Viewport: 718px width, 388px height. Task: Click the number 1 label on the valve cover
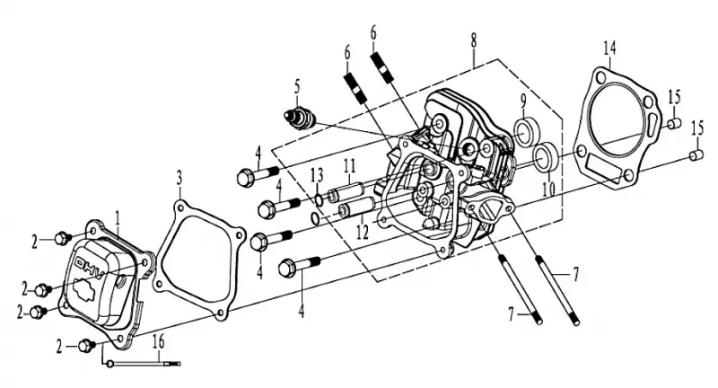point(118,219)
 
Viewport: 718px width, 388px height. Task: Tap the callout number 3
point(179,179)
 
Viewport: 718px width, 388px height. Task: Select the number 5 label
point(297,87)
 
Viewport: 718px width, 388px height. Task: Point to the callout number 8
point(473,40)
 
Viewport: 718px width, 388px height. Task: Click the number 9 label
point(523,103)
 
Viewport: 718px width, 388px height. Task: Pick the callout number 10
point(549,189)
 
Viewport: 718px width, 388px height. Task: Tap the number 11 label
point(350,166)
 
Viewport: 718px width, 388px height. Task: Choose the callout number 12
point(363,233)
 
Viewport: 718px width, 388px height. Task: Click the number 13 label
point(317,175)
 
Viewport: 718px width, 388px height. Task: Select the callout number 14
point(609,48)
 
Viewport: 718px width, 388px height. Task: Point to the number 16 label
point(158,341)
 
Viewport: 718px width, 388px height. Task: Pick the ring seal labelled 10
point(545,157)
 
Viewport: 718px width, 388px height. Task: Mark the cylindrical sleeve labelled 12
point(357,208)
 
